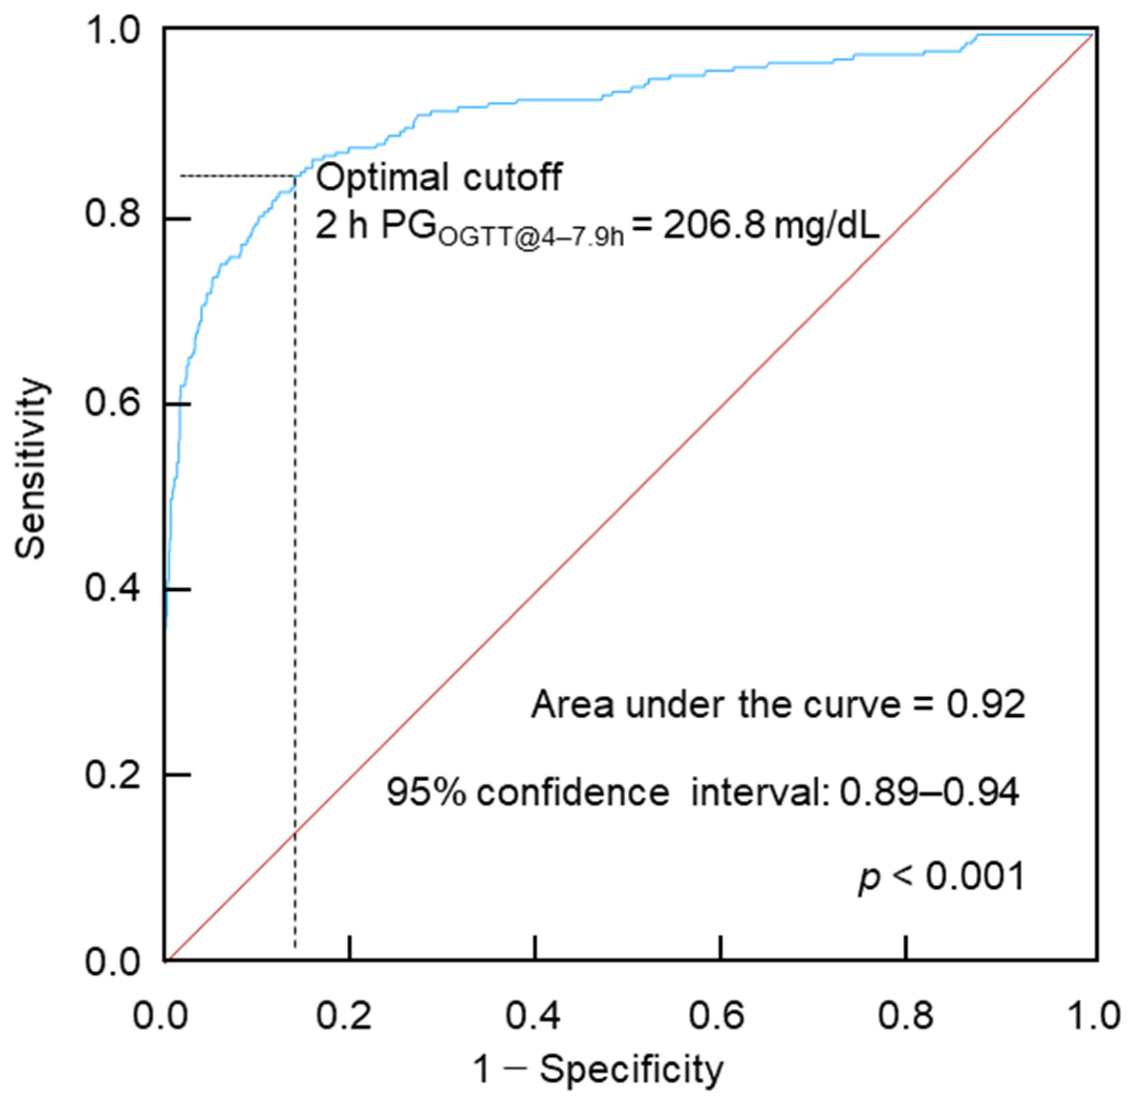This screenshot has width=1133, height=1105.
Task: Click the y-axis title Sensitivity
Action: (x=30, y=468)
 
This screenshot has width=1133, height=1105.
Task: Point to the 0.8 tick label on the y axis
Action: (x=113, y=214)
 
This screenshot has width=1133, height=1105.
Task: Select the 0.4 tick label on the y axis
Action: (x=113, y=588)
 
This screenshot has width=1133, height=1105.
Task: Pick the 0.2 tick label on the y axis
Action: (x=113, y=774)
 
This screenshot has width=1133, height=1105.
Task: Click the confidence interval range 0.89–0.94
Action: (x=929, y=793)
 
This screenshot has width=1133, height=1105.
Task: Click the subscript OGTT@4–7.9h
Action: (x=531, y=237)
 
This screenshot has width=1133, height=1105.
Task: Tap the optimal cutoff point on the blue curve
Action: (x=296, y=176)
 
